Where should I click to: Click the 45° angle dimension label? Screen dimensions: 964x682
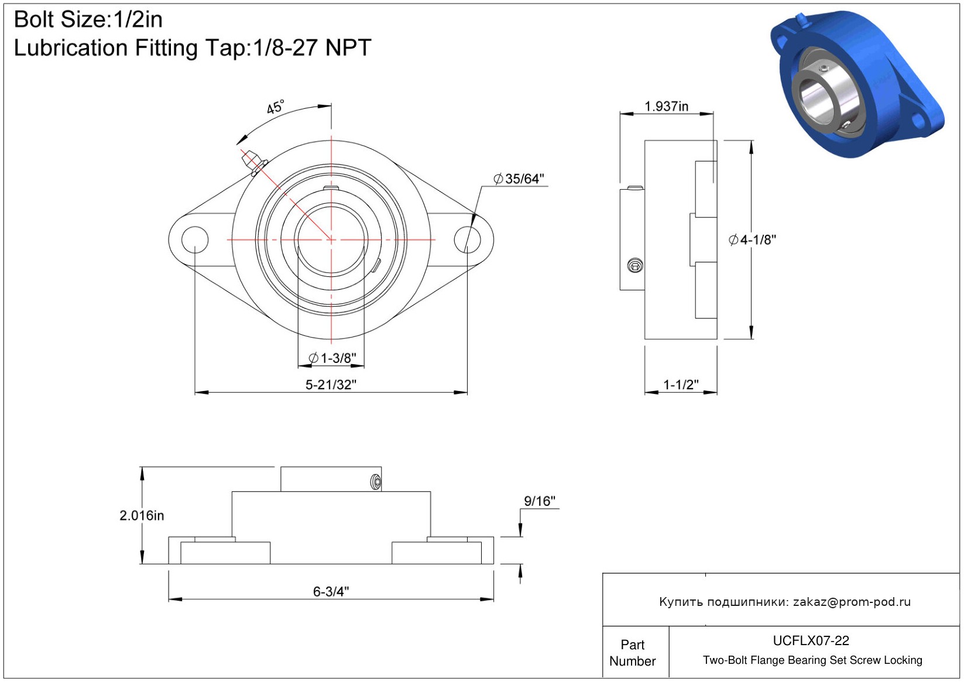[x=276, y=107]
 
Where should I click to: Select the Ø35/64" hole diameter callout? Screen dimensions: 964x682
[x=519, y=179]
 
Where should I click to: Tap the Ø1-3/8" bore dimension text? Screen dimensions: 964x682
[x=332, y=358]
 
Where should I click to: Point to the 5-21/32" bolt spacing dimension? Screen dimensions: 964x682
[x=331, y=385]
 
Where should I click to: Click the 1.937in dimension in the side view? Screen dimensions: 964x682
[x=666, y=107]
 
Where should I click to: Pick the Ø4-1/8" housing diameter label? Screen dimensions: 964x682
[x=752, y=240]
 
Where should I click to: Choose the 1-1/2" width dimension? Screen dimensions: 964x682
[x=681, y=385]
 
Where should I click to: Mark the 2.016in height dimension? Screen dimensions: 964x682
[x=142, y=515]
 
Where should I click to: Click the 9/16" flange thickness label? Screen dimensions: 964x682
[x=540, y=501]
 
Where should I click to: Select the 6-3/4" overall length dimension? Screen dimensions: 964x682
[x=331, y=592]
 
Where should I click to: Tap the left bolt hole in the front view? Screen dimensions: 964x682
[x=195, y=240]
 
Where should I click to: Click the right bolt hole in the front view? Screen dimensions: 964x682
[x=468, y=240]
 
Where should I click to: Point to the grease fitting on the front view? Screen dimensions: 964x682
[x=254, y=162]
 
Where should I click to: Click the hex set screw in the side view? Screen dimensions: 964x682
[x=635, y=265]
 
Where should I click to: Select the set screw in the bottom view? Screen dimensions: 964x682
[x=376, y=482]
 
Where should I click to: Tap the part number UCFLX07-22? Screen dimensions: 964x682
[x=811, y=640]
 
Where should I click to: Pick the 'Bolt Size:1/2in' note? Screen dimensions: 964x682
[x=88, y=20]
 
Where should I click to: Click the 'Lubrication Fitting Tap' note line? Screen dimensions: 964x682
[x=193, y=48]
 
